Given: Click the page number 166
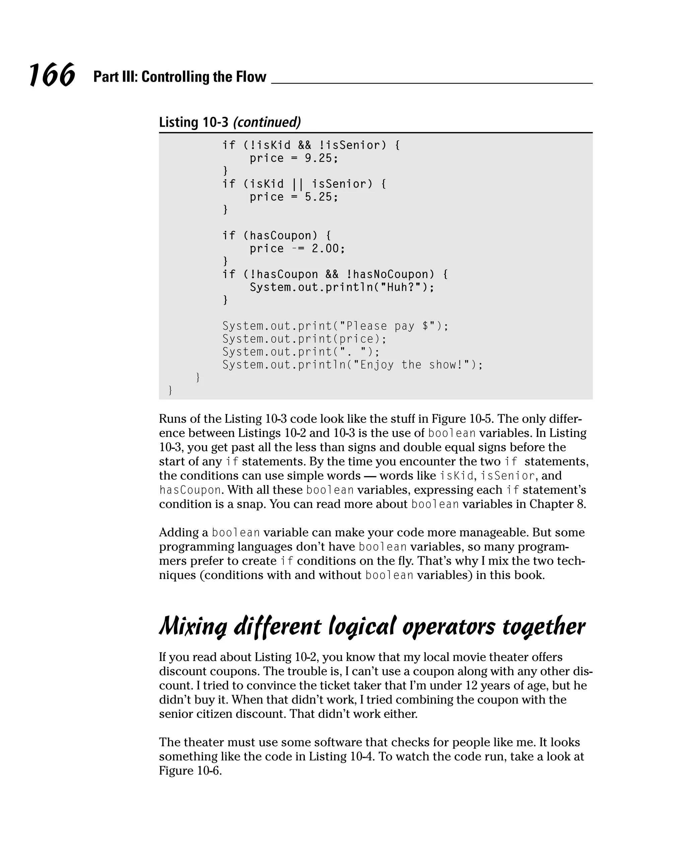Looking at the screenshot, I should click(x=52, y=75).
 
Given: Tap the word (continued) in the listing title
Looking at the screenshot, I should click(x=266, y=122).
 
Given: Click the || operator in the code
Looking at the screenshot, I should click(x=297, y=184).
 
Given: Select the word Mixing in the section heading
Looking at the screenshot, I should click(x=193, y=626).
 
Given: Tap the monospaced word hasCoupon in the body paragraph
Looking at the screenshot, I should click(x=190, y=490).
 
